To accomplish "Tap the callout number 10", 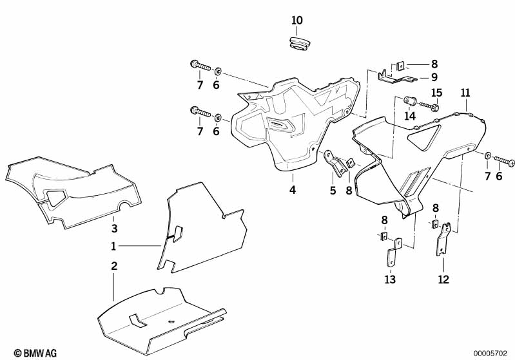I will pyautogui.click(x=296, y=21).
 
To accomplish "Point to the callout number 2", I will pyautogui.click(x=113, y=265).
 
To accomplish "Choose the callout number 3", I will pyautogui.click(x=113, y=229).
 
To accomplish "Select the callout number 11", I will pyautogui.click(x=465, y=93).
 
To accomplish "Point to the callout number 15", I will pyautogui.click(x=436, y=93).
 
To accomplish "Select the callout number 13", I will pyautogui.click(x=390, y=279).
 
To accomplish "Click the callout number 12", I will pyautogui.click(x=443, y=279).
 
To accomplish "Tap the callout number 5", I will pyautogui.click(x=333, y=190).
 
